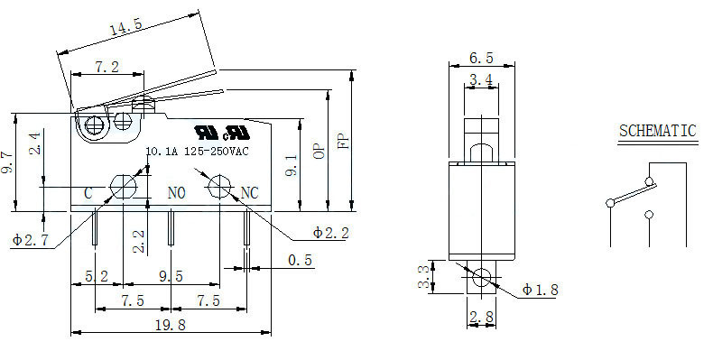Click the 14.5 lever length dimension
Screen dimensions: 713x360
[126, 28]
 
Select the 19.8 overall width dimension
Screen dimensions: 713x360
[170, 326]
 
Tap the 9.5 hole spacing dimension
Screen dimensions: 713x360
[170, 276]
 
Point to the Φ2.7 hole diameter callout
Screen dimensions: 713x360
[30, 239]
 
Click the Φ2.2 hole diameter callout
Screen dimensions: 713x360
[330, 233]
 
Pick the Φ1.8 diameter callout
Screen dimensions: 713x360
[540, 290]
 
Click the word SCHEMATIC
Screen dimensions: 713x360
[658, 131]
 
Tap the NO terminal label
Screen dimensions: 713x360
[176, 193]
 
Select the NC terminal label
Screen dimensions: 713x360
[249, 193]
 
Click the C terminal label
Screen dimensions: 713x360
[88, 193]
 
